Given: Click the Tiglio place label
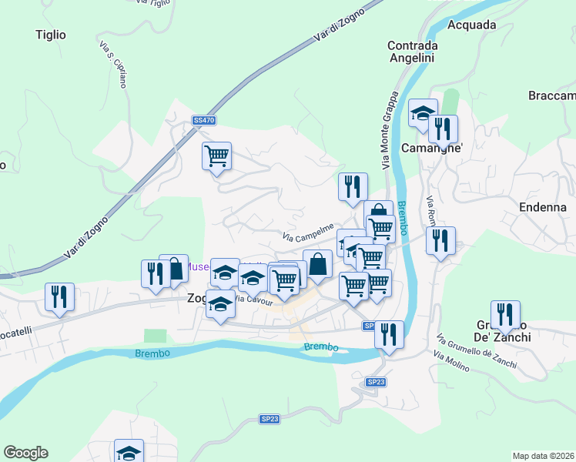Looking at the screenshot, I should click(x=51, y=35).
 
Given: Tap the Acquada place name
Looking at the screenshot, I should click(x=471, y=25).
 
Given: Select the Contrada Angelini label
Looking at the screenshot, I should click(x=412, y=52).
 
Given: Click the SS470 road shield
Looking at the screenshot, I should click(x=204, y=120).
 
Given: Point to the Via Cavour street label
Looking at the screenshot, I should click(x=253, y=300).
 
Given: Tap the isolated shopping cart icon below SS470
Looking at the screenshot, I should click(x=217, y=156).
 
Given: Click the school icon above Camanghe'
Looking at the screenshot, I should click(x=422, y=113).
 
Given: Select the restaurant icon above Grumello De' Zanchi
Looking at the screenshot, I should click(x=505, y=314).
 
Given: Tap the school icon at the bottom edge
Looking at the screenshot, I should click(x=129, y=451).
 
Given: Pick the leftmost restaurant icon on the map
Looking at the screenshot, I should click(x=59, y=296).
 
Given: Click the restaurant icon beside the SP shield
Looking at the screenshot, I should click(x=389, y=334).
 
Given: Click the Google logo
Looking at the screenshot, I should click(x=25, y=453).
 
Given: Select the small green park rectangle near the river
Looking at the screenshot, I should click(x=155, y=336).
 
